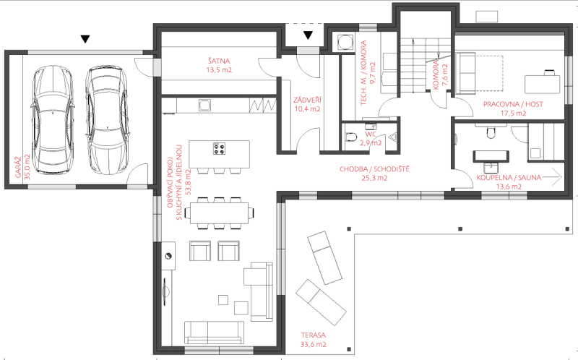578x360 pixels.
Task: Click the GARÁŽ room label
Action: tap(18, 167)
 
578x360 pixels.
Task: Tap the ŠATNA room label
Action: tap(219, 61)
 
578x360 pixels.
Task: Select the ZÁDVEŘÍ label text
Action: tap(307, 100)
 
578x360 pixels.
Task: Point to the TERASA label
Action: tap(313, 335)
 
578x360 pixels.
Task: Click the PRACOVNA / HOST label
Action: tap(513, 104)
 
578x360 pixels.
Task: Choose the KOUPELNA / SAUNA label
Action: tap(509, 178)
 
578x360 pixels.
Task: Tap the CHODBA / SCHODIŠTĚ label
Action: tap(374, 169)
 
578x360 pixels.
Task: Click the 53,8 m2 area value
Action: tap(189, 182)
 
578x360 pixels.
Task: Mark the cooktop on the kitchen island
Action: tap(220, 149)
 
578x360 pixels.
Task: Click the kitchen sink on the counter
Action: tap(204, 105)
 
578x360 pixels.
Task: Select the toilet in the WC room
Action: tap(351, 137)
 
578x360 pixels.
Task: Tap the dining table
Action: tap(219, 213)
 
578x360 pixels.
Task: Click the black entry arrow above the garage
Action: tap(85, 39)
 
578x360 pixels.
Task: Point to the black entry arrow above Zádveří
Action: tap(309, 35)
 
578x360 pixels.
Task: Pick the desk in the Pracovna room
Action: tap(543, 85)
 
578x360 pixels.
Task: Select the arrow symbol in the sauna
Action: tap(551, 177)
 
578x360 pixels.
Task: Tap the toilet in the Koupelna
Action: tap(491, 132)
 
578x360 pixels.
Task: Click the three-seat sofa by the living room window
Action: tap(214, 333)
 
